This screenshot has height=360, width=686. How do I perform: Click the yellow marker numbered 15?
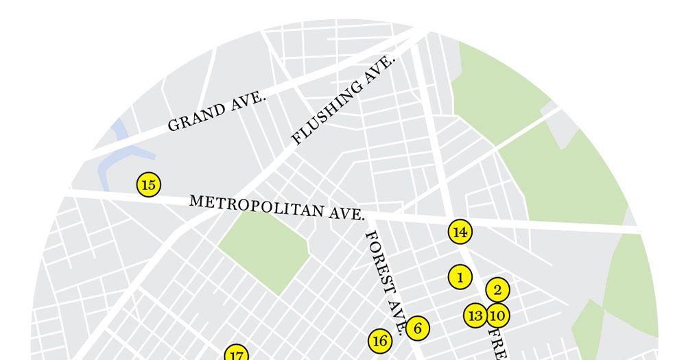[x=148, y=185]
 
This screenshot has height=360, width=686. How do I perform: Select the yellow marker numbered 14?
[x=460, y=232]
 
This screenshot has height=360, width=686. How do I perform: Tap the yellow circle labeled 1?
[x=460, y=277]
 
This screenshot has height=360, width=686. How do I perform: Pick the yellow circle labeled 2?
[x=497, y=289]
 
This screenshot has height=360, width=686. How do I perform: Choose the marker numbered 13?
[x=475, y=315]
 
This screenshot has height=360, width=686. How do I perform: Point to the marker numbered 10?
[x=498, y=315]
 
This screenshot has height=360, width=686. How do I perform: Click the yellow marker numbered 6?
[x=417, y=328]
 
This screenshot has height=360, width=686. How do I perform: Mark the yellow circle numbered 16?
[x=380, y=340]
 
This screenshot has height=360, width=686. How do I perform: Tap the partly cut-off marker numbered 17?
[x=236, y=354]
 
